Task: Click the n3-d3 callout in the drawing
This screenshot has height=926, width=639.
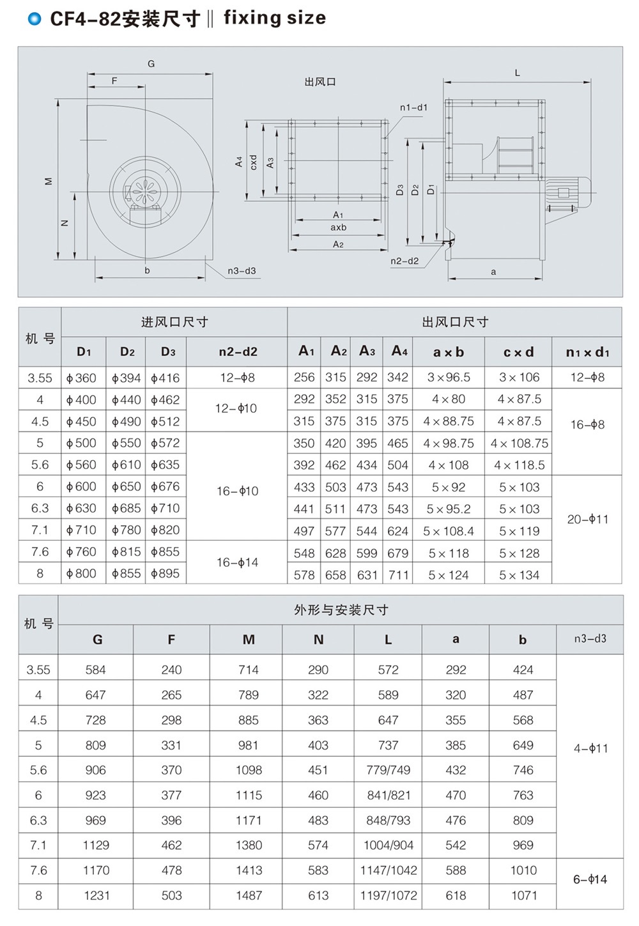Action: pyautogui.click(x=242, y=271)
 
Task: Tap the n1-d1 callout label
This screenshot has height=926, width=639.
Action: pyautogui.click(x=413, y=107)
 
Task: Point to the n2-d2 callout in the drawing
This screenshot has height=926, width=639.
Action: pyautogui.click(x=404, y=261)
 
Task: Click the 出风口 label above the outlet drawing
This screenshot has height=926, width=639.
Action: pyautogui.click(x=320, y=82)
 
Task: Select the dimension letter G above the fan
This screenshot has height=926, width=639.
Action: pyautogui.click(x=151, y=64)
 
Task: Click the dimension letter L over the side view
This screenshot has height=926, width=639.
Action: pyautogui.click(x=517, y=73)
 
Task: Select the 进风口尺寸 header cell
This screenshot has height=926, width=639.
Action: pyautogui.click(x=174, y=322)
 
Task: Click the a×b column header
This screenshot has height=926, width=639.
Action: pyautogui.click(x=448, y=352)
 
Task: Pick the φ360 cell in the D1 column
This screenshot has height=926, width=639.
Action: pyautogui.click(x=82, y=378)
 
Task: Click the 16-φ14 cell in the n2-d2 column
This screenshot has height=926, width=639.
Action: pyautogui.click(x=237, y=562)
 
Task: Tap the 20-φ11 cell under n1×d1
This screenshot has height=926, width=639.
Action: pyautogui.click(x=587, y=519)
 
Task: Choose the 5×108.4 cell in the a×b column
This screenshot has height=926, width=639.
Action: pyautogui.click(x=448, y=531)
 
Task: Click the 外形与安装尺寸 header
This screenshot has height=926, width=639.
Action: pyautogui.click(x=341, y=610)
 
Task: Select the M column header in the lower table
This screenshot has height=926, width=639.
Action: pyautogui.click(x=249, y=640)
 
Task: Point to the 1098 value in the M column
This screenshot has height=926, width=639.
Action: pyautogui.click(x=249, y=770)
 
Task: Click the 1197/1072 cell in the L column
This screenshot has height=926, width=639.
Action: pyautogui.click(x=388, y=895)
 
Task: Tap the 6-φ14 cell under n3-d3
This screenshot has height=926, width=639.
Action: pyautogui.click(x=590, y=879)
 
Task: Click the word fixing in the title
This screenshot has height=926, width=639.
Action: pyautogui.click(x=252, y=18)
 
